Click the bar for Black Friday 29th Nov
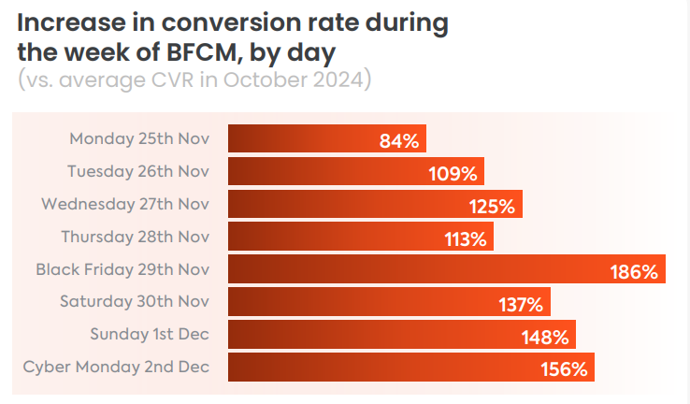[447, 269]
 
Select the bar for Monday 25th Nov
[327, 139]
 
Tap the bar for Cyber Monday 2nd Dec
[410, 367]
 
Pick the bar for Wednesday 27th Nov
[375, 204]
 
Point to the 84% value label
[399, 141]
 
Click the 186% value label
[635, 272]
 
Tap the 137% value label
[521, 305]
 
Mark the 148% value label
[546, 337]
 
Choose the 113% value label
[466, 239]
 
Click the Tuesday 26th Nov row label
[138, 171]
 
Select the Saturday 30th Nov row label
[135, 301]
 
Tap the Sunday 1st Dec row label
[150, 334]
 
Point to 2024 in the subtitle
[339, 80]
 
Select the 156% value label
[564, 369]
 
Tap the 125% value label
[493, 207]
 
